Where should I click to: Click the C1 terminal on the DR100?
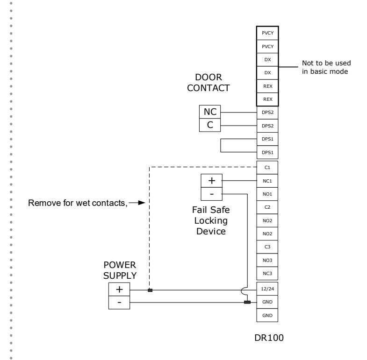[x=267, y=167]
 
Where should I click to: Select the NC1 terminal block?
[x=267, y=181]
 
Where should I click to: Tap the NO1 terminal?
[x=267, y=194]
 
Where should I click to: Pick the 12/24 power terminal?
[x=267, y=289]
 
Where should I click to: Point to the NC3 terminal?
[x=267, y=273]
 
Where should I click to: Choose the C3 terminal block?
[x=267, y=247]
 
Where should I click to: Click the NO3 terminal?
[x=267, y=260]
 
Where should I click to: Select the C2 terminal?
[x=267, y=207]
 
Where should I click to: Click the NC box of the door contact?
[x=210, y=112]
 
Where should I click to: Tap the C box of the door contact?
[x=210, y=125]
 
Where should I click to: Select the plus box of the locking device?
[x=211, y=181]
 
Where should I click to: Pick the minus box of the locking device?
[x=211, y=194]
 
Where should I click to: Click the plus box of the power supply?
[x=119, y=289]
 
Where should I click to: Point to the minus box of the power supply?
[x=119, y=303]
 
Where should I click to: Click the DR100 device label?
[x=269, y=338]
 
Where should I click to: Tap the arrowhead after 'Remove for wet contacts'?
[x=142, y=203]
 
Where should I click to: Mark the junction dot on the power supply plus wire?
[x=150, y=290]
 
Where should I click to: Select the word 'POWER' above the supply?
[x=120, y=265]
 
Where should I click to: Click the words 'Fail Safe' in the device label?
[x=211, y=210]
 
